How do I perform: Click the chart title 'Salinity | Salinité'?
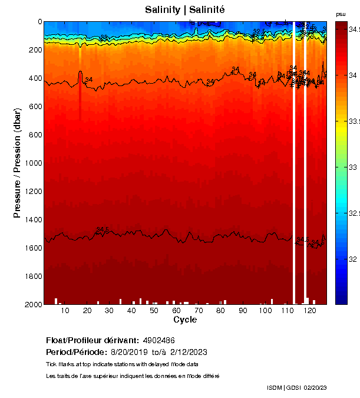point(185,9)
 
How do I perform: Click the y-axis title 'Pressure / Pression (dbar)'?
point(17,163)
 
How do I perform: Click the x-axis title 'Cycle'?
point(185,320)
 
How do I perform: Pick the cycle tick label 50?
point(153,311)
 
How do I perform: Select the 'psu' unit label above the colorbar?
point(341,14)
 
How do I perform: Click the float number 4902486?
point(158,340)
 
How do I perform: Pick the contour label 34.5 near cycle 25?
point(103,229)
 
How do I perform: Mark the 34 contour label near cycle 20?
point(89,80)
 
